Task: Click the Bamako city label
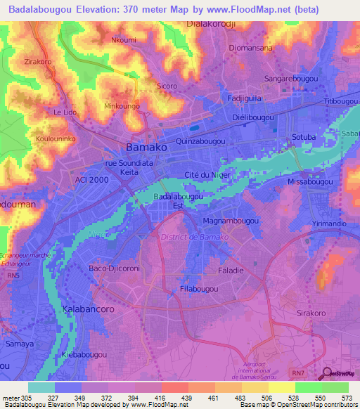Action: coord(146,148)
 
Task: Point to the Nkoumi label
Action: coord(124,40)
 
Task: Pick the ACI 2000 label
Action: coord(90,180)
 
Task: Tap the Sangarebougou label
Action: coord(290,79)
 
